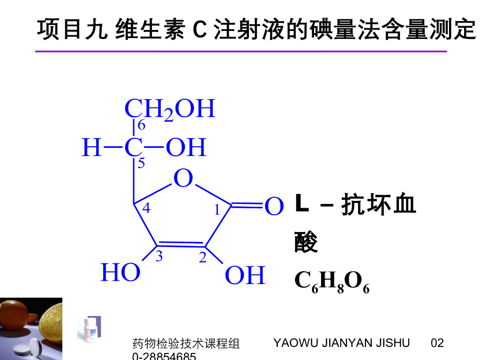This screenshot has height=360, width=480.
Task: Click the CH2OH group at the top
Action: tap(169, 109)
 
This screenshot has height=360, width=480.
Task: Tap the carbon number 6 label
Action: tap(141, 125)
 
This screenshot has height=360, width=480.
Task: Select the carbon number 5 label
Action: tap(141, 164)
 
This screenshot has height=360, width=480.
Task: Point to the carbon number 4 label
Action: tap(146, 208)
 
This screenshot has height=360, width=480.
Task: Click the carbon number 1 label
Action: tap(217, 210)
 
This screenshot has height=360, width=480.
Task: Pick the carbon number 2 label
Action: tap(202, 257)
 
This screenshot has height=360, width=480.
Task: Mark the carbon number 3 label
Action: tap(159, 256)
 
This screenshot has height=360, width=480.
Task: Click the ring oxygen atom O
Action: tap(183, 179)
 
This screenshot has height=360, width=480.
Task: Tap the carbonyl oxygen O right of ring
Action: tap(274, 207)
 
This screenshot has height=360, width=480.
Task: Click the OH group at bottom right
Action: tap(245, 276)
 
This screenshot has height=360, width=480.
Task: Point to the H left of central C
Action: tap(91, 148)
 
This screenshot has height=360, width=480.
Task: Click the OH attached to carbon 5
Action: tap(186, 148)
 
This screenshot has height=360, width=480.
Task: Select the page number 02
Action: tap(437, 343)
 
